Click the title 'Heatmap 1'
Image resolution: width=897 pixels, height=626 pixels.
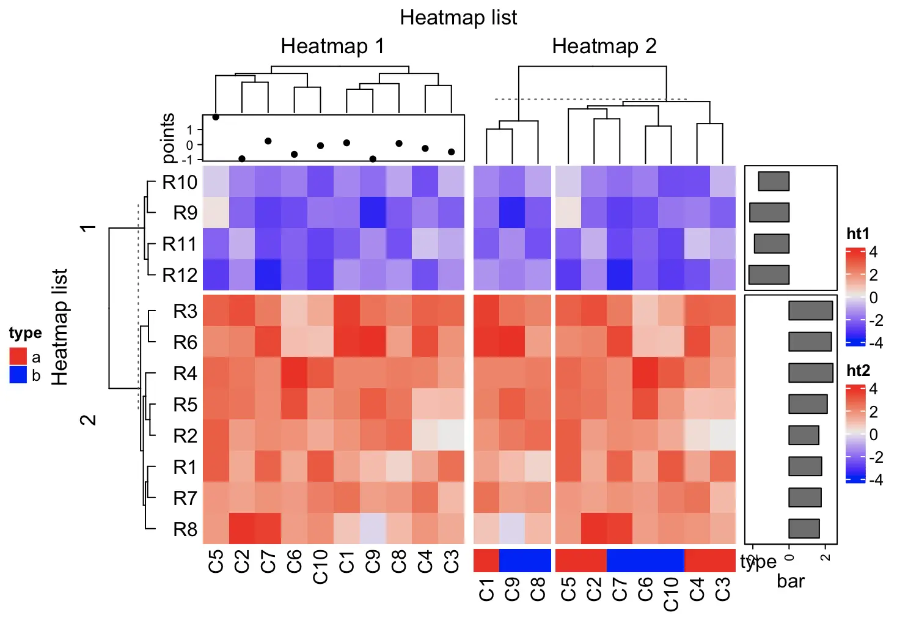pos(332,46)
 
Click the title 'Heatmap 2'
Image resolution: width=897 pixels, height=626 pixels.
pos(604,46)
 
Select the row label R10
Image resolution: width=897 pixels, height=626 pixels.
pos(180,182)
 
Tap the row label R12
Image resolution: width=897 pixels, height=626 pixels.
pos(180,275)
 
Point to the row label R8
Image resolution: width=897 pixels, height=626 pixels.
pos(185,529)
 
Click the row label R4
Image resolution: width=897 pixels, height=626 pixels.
pos(185,374)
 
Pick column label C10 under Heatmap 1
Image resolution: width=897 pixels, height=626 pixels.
pos(320,567)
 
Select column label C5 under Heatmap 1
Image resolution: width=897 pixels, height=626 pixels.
pos(216,561)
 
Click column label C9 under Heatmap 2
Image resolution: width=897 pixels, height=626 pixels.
pos(512,590)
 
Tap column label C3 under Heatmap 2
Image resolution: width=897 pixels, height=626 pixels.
pos(722,590)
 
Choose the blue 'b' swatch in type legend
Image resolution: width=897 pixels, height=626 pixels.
pos(18,375)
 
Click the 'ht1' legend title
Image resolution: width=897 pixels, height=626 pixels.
pos(858,234)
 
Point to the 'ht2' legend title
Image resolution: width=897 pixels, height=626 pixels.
pos(858,370)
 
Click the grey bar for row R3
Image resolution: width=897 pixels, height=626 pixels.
pos(810,311)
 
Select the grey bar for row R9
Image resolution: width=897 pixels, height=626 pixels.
pos(769,212)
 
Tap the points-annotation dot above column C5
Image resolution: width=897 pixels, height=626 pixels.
pos(216,117)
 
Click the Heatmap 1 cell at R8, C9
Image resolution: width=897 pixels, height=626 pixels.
pos(372,529)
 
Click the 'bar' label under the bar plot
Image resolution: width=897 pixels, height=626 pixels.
pos(791,581)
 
